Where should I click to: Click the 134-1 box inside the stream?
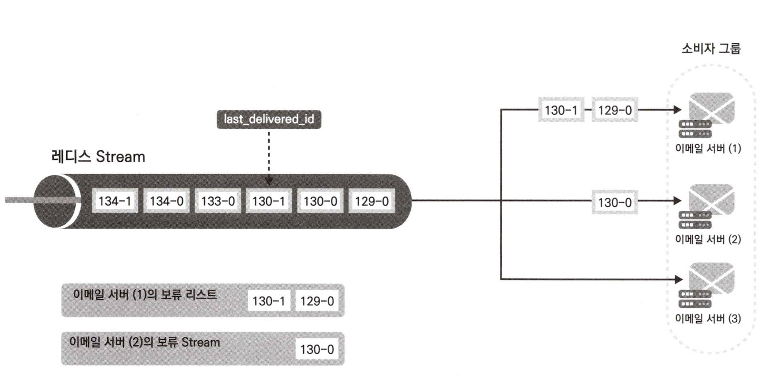[x=114, y=201]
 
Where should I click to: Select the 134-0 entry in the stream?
[x=166, y=201]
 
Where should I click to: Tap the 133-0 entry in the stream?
[x=218, y=201]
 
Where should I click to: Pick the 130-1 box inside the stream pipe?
[x=269, y=201]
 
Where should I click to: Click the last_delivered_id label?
[x=269, y=119]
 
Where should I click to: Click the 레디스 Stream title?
[x=98, y=157]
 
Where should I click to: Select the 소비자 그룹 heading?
[x=711, y=49]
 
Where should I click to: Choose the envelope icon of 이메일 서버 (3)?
[x=711, y=278]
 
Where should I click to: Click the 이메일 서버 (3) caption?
[x=708, y=318]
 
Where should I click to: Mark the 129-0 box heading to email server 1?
[x=615, y=110]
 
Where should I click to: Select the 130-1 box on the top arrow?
[x=561, y=110]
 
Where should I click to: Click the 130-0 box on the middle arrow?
[x=615, y=202]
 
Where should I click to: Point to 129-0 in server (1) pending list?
[x=317, y=301]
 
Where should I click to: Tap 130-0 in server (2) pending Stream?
[x=317, y=349]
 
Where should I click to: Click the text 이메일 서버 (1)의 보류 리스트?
[x=145, y=294]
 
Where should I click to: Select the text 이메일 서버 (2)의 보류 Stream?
[x=145, y=342]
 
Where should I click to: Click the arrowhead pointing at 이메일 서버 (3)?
[x=679, y=279]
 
